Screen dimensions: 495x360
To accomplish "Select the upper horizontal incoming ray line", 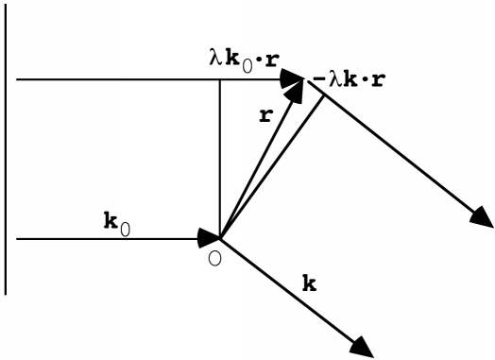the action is coord(113,80).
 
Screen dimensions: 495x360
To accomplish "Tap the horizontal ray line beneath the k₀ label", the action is coord(104,239).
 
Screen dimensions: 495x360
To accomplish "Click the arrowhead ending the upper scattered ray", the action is coord(479,216).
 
